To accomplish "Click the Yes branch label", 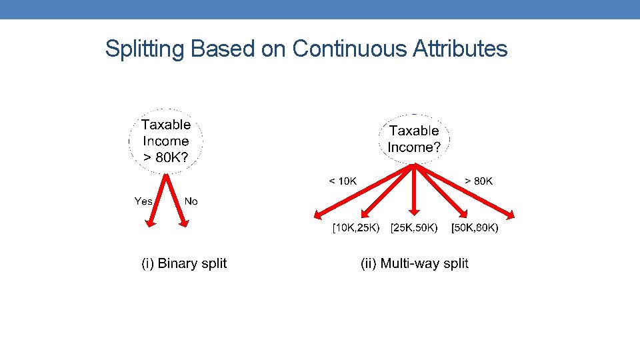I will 143,201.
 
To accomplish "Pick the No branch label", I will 191,201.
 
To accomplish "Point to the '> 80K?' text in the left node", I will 165,158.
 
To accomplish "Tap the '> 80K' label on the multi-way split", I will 479,181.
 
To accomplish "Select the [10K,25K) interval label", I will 357,229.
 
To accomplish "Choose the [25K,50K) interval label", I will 415,229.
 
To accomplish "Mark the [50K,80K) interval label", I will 475,229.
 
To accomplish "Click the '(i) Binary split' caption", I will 184,263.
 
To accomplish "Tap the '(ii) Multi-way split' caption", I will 415,263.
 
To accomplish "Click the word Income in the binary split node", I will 165,141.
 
